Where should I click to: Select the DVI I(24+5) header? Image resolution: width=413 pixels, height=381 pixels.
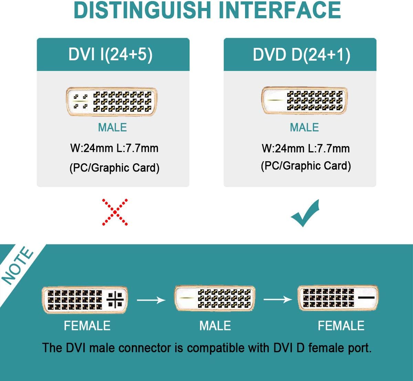(110, 54)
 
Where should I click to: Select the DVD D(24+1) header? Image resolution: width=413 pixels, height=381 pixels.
(301, 55)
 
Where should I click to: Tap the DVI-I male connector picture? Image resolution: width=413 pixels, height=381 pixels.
(112, 101)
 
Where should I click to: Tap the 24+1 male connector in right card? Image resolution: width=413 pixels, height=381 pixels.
(304, 100)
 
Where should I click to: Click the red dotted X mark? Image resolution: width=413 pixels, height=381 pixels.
(115, 212)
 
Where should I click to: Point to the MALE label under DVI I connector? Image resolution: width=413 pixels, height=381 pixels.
(112, 127)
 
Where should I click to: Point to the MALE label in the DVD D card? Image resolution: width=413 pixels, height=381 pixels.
(304, 127)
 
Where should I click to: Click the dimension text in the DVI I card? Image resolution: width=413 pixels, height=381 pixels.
(114, 148)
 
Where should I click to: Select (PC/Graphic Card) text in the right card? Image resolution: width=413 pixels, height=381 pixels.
(306, 166)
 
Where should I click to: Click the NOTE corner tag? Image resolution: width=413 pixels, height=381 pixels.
(17, 265)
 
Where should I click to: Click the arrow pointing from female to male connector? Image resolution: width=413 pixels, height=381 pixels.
(151, 300)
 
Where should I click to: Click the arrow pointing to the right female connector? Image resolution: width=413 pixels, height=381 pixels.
(277, 299)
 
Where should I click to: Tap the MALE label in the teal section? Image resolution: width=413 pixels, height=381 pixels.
(215, 326)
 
